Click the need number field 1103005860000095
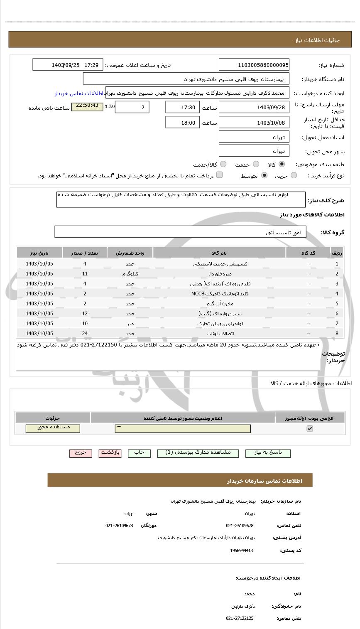[x=254, y=65]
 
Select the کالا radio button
[x=282, y=164]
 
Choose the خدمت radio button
[x=256, y=164]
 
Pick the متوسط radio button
[x=264, y=176]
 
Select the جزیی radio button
[x=294, y=176]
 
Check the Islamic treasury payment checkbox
[x=219, y=175]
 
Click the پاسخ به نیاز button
[x=268, y=453]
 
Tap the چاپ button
[x=139, y=453]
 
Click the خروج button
[x=81, y=453]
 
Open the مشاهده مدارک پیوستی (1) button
[x=198, y=453]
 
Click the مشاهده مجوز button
[x=53, y=428]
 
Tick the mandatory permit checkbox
[x=310, y=428]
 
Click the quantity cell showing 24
[x=85, y=334]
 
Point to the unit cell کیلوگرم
[x=130, y=274]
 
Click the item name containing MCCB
[x=219, y=294]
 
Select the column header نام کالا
[x=219, y=253]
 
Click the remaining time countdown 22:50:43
[x=87, y=106]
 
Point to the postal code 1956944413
[x=241, y=550]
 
